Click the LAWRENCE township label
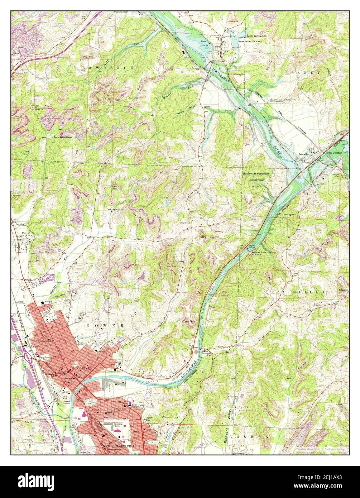[x=107, y=68]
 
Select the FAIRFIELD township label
[x=300, y=292]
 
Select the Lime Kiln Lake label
[x=257, y=36]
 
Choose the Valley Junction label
[x=333, y=153]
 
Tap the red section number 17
[x=62, y=83]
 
